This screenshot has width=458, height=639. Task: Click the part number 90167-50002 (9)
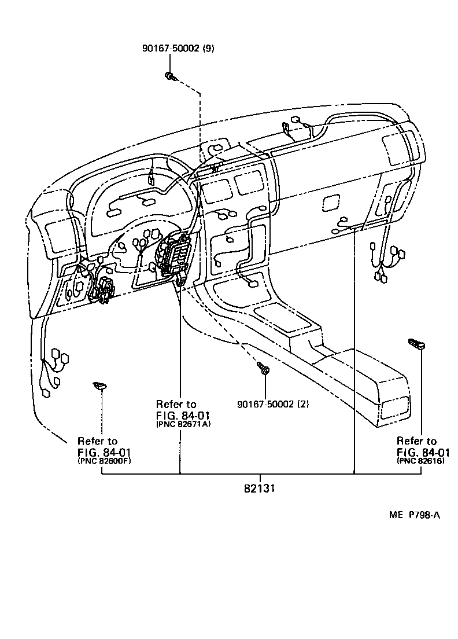point(178,49)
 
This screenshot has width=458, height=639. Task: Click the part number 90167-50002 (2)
point(273,404)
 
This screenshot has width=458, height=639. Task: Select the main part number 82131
point(258,488)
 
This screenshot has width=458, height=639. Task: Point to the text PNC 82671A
point(183,424)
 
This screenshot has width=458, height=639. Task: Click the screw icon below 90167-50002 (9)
point(170,76)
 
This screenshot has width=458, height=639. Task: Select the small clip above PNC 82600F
point(101,385)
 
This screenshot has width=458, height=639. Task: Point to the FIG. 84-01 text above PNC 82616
point(423,452)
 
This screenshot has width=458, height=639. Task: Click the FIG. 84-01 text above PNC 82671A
point(183,415)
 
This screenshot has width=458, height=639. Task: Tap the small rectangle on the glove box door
point(331,201)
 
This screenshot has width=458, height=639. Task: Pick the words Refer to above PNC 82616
point(416,441)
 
